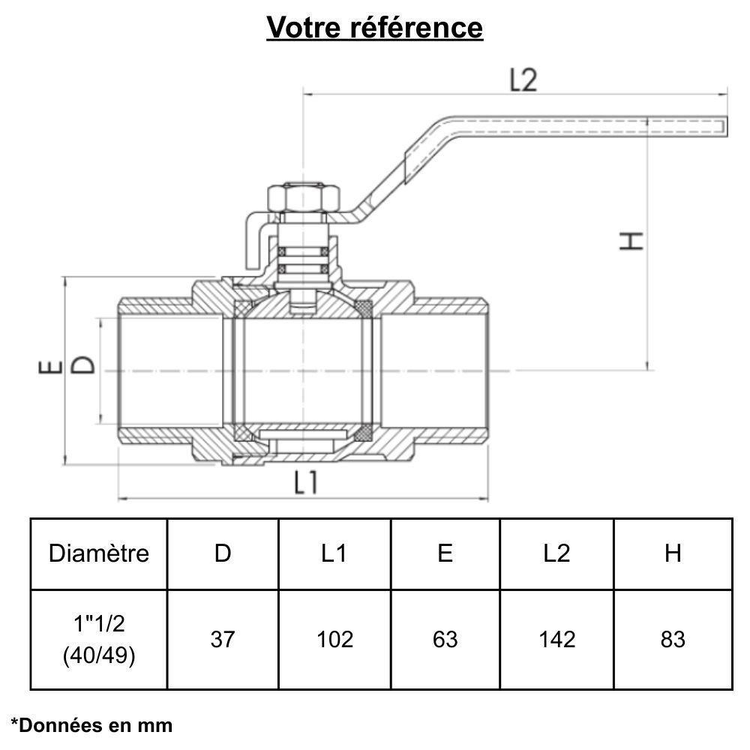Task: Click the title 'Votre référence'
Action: [x=375, y=28]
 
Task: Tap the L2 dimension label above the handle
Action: [x=523, y=80]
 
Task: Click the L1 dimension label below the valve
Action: [x=305, y=482]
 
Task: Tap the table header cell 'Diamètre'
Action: [x=99, y=553]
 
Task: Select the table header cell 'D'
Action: [x=223, y=553]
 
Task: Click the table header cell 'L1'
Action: [x=334, y=553]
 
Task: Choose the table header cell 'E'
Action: [x=445, y=553]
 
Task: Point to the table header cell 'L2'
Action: [x=556, y=553]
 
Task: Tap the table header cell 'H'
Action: [x=673, y=553]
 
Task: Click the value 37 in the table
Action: [x=223, y=639]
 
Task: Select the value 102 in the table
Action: [x=334, y=639]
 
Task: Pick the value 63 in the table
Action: [x=445, y=639]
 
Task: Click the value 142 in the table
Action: [x=556, y=639]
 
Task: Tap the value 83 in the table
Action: [x=673, y=639]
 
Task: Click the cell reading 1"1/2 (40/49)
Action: [x=99, y=639]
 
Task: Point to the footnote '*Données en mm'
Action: [x=91, y=724]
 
